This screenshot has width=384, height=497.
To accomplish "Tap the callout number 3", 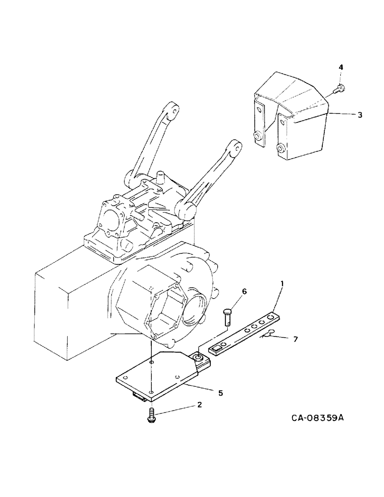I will pyautogui.click(x=360, y=115).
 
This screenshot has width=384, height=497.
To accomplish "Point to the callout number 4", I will pyautogui.click(x=341, y=67).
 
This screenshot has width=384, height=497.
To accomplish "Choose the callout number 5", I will pyautogui.click(x=220, y=393).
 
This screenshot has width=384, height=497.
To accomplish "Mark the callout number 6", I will pyautogui.click(x=244, y=291).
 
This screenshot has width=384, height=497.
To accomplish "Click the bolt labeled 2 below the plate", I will pyautogui.click(x=151, y=416).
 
